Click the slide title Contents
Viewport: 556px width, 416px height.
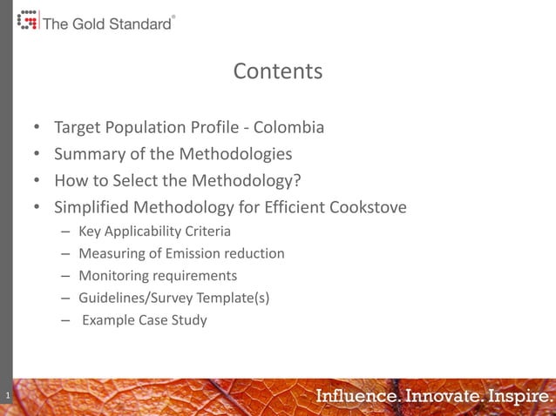point(277,71)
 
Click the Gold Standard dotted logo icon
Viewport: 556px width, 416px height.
point(28,20)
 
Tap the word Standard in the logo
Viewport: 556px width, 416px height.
point(139,24)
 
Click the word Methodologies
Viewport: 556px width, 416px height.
point(235,155)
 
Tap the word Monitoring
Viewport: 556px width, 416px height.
point(112,276)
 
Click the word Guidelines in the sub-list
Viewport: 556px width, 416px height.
point(112,299)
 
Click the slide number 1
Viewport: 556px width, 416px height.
point(6,398)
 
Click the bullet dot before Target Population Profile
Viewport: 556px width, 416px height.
point(37,129)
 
